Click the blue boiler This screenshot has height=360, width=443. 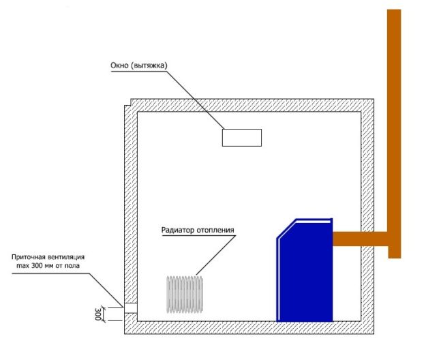tap(305, 273)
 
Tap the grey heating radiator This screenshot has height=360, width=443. tap(184, 294)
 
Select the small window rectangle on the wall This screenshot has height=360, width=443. tap(241, 137)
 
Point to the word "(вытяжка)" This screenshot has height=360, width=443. tap(149, 66)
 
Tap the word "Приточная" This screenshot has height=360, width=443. tap(31, 257)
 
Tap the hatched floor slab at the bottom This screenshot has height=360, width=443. tap(252, 327)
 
